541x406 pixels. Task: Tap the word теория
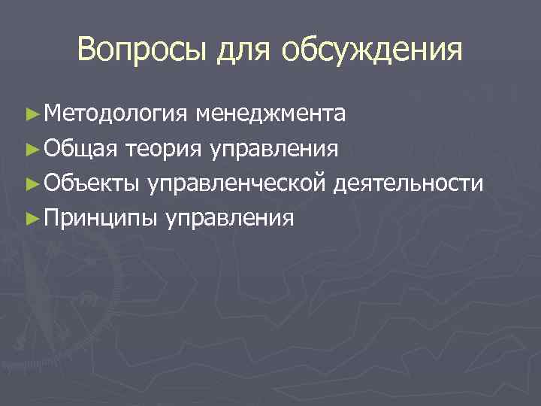[x=163, y=149]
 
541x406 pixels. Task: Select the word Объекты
[x=94, y=183]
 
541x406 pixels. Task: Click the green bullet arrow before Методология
[x=31, y=114]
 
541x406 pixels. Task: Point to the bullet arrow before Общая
[x=31, y=149]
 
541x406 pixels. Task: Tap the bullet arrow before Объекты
[x=31, y=183]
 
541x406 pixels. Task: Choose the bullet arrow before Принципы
[x=31, y=218]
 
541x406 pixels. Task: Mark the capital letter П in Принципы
[x=52, y=217]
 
